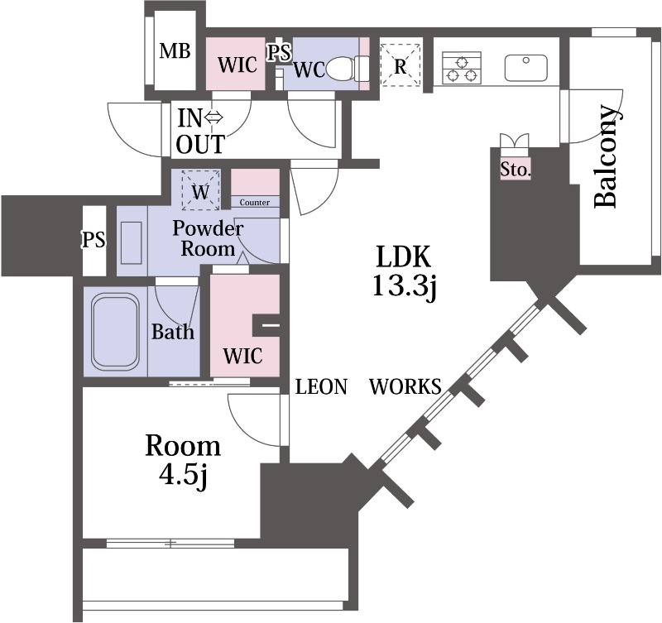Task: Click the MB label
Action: (x=175, y=52)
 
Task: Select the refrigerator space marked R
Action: (x=401, y=65)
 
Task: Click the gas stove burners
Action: (x=462, y=67)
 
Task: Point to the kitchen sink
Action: (x=524, y=68)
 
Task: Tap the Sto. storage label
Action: (x=516, y=170)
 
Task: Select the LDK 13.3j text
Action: (x=405, y=270)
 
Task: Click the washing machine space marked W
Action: (x=200, y=191)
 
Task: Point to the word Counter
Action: (x=255, y=202)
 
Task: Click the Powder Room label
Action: (x=209, y=238)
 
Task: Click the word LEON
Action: (x=321, y=386)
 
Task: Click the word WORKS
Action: (x=405, y=386)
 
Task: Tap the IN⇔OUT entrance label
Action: (x=200, y=132)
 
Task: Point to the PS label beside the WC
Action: (x=279, y=52)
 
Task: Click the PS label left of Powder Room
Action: (x=94, y=241)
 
